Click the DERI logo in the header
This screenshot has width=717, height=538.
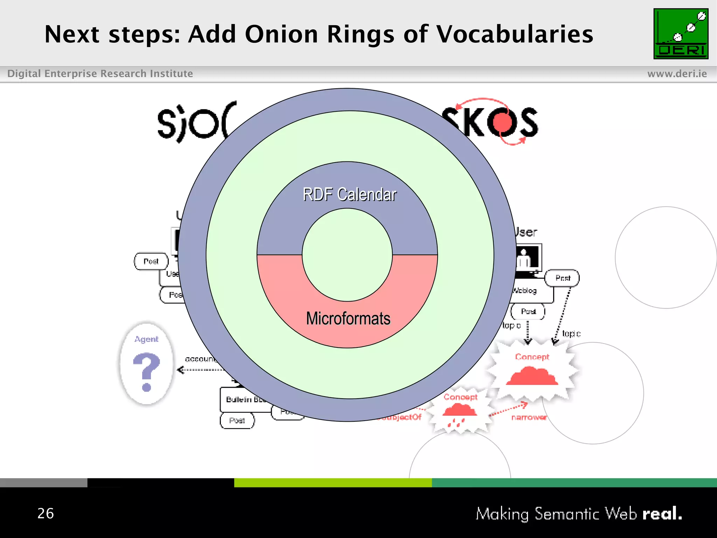coord(681,34)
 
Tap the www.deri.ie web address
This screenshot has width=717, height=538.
coord(677,74)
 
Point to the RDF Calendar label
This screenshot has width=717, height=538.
coord(349,194)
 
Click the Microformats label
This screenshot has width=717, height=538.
coord(348,318)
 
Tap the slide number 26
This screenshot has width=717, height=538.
coord(46,513)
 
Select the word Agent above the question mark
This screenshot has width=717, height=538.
coord(146,339)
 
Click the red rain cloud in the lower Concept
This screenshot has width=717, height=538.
coord(459,412)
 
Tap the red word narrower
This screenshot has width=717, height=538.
coord(529,417)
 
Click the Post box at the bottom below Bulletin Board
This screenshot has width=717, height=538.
coord(237,420)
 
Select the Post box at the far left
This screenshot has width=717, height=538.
coord(151,261)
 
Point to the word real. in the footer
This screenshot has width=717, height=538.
coord(662,514)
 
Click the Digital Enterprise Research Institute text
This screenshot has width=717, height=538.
coord(100,74)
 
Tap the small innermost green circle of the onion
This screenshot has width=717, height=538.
coord(347,255)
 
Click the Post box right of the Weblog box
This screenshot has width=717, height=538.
coord(562,278)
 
